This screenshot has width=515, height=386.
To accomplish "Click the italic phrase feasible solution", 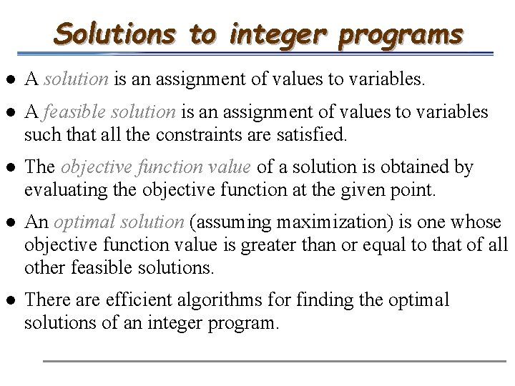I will (x=109, y=113).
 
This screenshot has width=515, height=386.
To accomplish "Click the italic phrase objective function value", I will (x=155, y=167).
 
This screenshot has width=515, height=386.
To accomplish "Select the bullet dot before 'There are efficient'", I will (x=11, y=300).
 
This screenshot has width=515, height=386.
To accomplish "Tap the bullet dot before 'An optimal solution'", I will (x=11, y=222).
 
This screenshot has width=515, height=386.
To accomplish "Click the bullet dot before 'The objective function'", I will (x=11, y=168).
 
